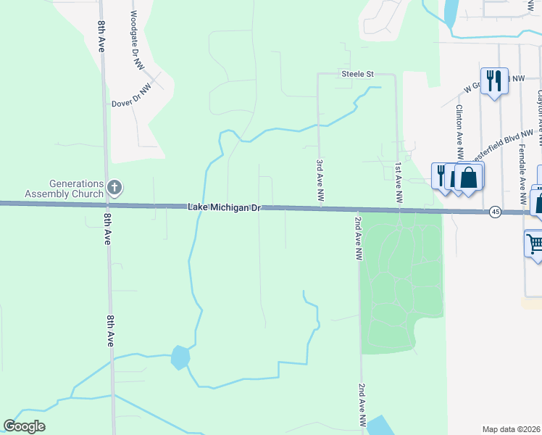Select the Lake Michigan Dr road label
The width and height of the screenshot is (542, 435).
pos(223,208)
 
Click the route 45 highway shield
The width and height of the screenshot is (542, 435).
pos(495,212)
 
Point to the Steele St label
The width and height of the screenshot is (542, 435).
pos(358,74)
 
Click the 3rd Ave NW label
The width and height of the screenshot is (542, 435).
pos(319,181)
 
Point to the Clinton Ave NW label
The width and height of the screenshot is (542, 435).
pos(459,131)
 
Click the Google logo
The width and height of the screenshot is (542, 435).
pos(24,426)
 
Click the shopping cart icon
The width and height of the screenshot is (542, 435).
pos(535,244)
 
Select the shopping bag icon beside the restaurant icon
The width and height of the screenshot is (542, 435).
pos(469,177)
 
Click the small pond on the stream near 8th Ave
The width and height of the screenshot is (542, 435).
pos(180,357)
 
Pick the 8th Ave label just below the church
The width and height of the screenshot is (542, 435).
pos(107,228)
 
